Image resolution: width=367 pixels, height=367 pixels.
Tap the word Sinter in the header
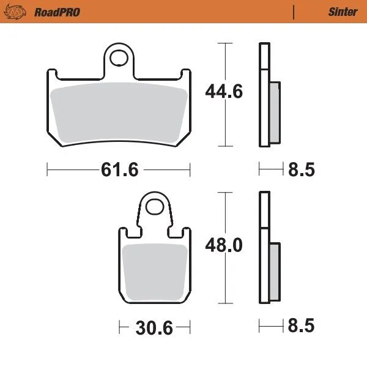point(343,12)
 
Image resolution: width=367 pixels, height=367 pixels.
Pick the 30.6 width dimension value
point(153,327)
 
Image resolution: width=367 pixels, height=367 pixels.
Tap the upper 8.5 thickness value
point(301,169)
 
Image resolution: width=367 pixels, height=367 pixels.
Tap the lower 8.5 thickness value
point(301,327)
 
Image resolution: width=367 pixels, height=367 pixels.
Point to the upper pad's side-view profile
point(264,95)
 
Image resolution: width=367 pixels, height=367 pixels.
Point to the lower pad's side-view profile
point(264,248)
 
